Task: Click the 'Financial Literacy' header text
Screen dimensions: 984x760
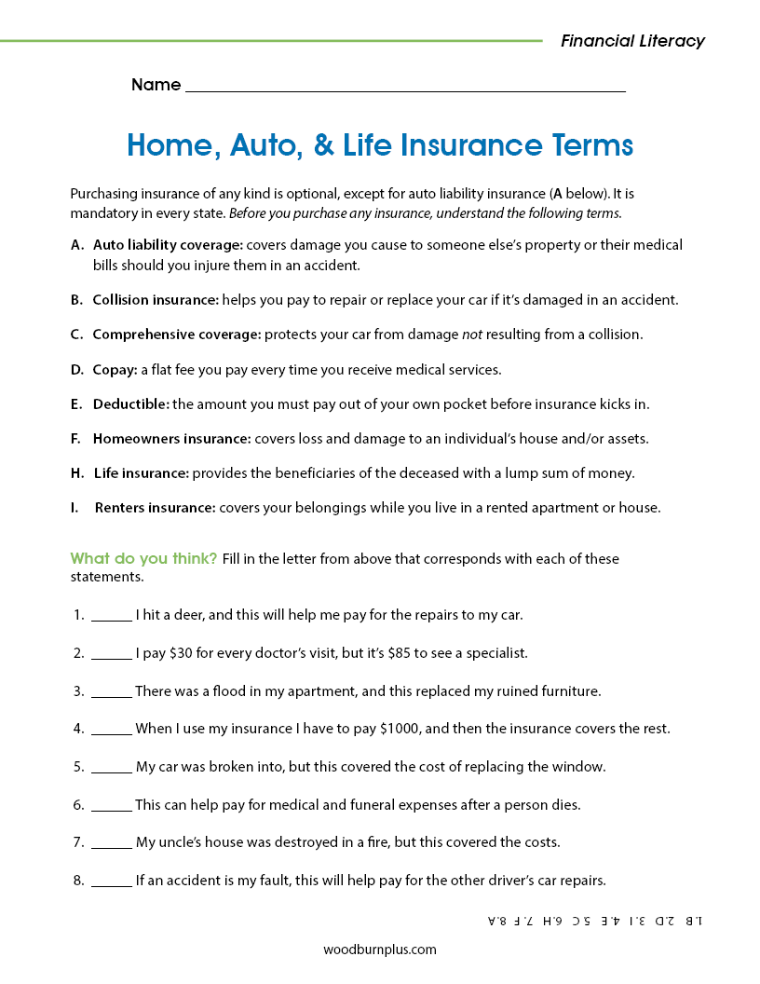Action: coord(632,41)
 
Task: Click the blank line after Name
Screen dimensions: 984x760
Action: coord(405,87)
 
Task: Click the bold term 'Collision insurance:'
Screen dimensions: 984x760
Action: coord(156,300)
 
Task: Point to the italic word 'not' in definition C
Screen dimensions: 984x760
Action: coord(472,335)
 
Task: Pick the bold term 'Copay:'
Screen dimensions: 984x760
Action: coord(115,370)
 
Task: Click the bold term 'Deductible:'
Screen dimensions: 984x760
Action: coord(130,404)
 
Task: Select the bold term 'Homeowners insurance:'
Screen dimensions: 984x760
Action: coord(171,439)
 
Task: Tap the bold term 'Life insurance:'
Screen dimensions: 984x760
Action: coord(141,473)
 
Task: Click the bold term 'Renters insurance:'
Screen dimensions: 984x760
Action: coord(155,508)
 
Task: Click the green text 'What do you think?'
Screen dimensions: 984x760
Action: coord(143,559)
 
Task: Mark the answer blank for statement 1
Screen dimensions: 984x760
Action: coord(112,617)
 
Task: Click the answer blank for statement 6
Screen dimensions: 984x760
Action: coord(112,806)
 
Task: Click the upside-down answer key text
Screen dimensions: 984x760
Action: coord(596,921)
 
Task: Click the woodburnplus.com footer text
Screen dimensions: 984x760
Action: coord(380,950)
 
